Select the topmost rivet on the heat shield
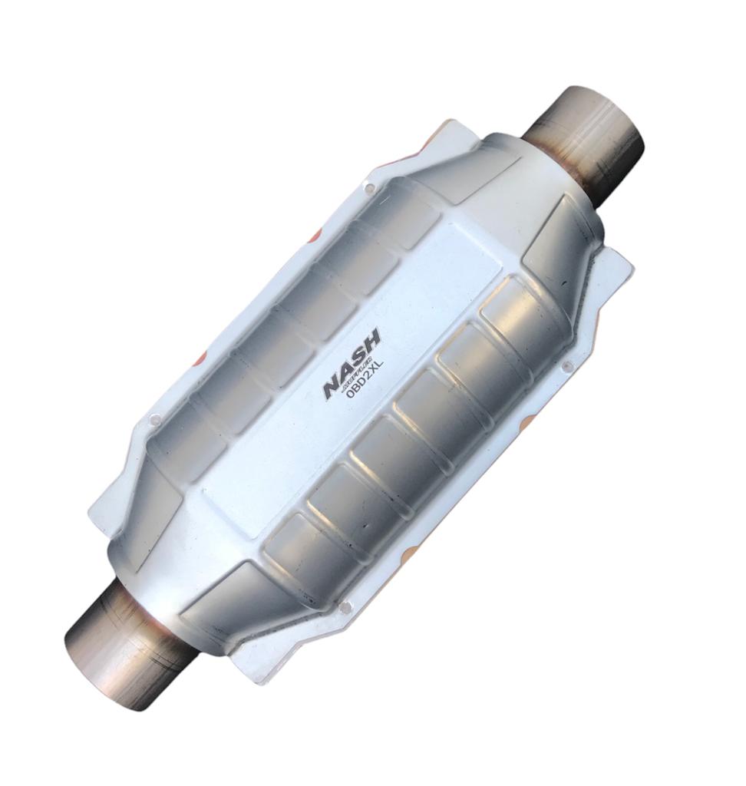click(370, 187)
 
